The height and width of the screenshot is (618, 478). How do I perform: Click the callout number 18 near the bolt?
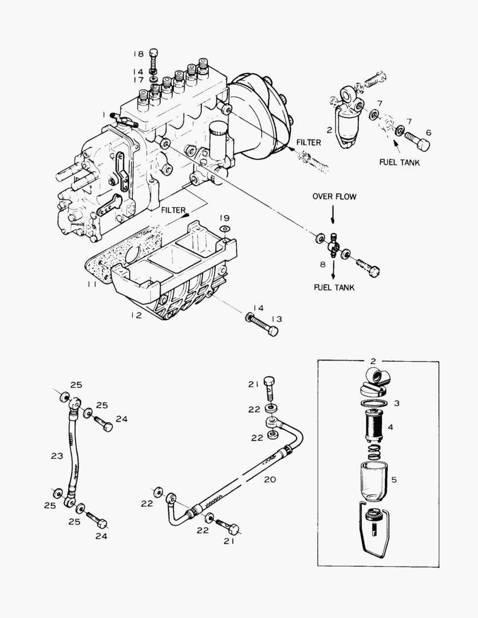click(139, 54)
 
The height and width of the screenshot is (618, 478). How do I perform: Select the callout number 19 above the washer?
click(225, 218)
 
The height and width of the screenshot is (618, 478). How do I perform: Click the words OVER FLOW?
click(334, 197)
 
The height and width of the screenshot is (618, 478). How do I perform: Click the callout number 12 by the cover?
click(135, 315)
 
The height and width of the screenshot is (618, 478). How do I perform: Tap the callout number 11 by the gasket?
click(92, 284)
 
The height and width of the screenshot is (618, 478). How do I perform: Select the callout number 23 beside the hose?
click(57, 456)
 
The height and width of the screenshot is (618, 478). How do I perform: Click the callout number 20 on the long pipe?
click(270, 480)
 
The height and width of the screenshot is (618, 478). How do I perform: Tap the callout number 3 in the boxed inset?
click(396, 403)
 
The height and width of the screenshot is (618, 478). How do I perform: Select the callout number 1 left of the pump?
click(105, 114)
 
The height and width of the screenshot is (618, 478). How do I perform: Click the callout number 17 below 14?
click(139, 80)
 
